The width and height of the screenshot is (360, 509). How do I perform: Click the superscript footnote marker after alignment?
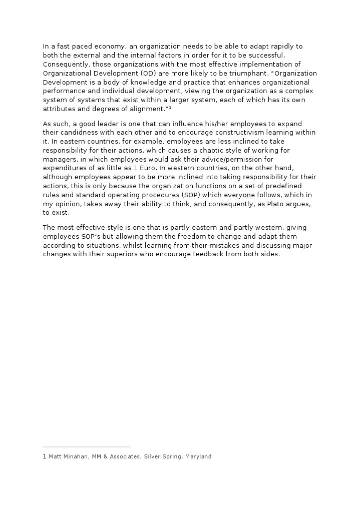(x=170, y=109)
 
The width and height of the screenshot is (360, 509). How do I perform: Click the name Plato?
(x=271, y=204)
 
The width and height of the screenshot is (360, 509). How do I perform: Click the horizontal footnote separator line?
(x=87, y=447)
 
